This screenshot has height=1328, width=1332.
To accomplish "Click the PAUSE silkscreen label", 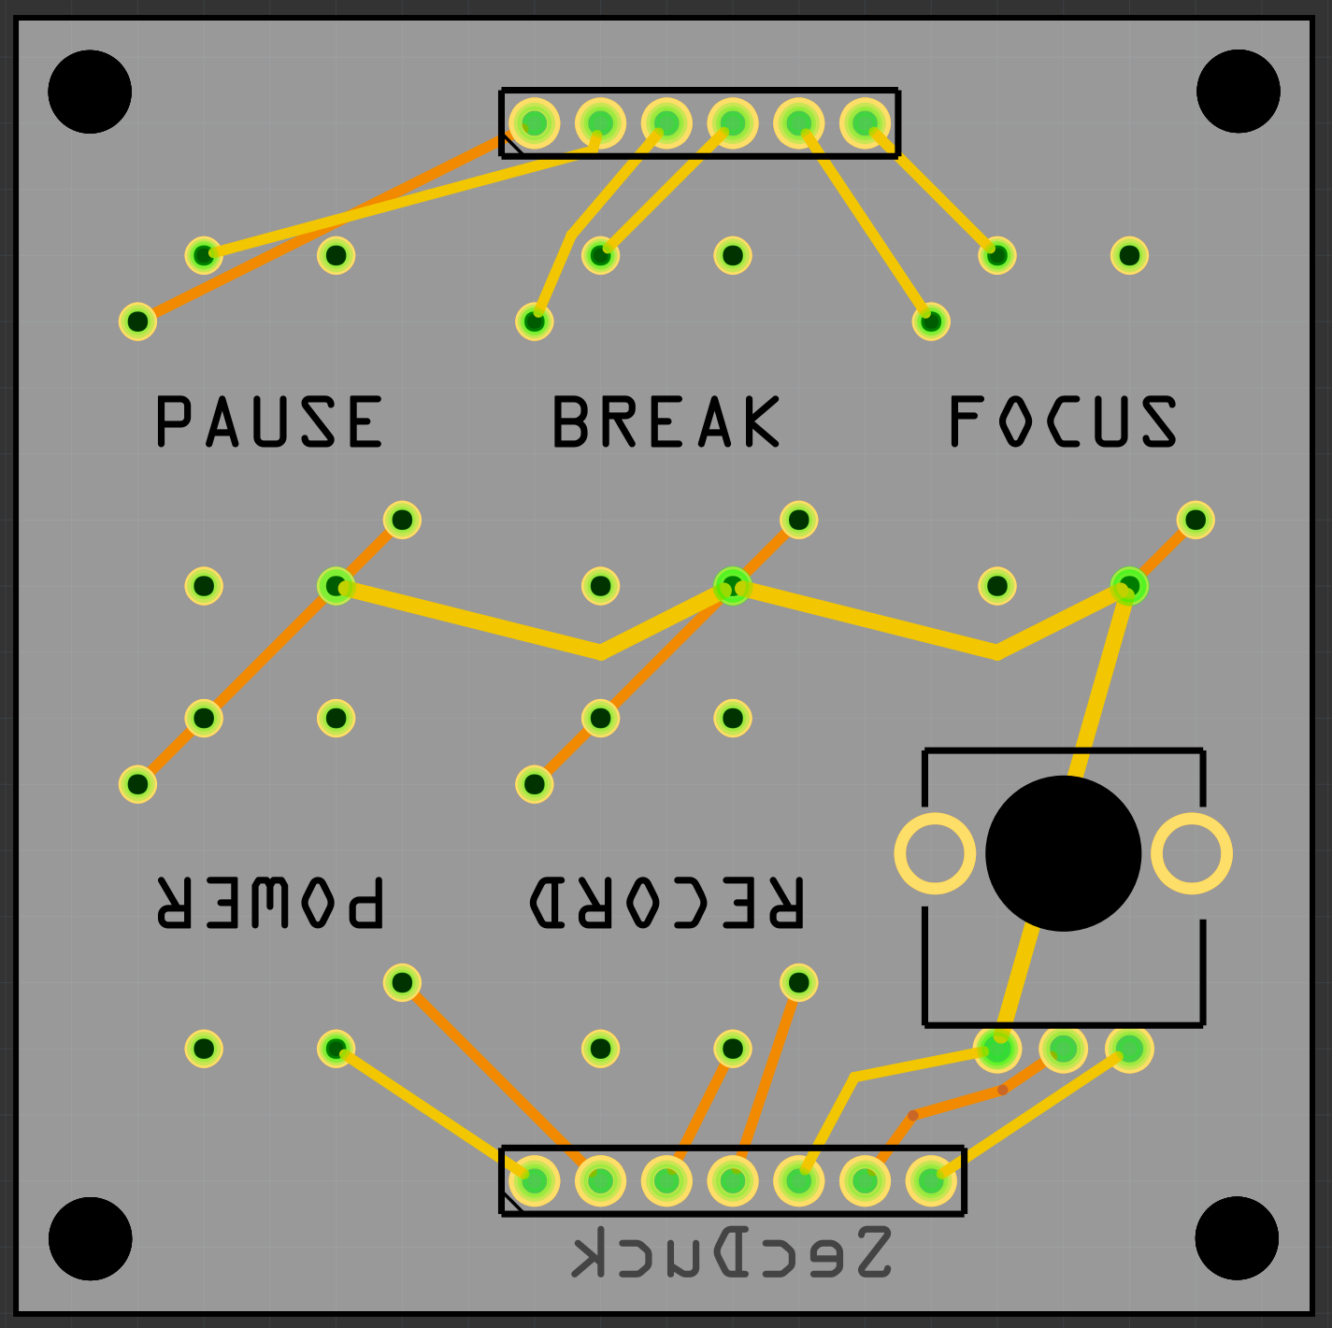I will coord(269,421).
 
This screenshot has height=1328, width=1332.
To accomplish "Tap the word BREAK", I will coord(666,421).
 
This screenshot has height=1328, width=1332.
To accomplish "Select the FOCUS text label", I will coord(1063,421).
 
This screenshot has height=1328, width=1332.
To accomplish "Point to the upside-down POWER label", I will coord(269,903).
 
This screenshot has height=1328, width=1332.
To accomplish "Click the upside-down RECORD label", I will coord(666,903).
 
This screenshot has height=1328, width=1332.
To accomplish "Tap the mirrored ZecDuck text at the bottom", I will coord(731,1252).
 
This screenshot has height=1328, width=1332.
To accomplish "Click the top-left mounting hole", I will coord(90,92).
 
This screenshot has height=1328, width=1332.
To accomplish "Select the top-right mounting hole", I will coord(1238,92).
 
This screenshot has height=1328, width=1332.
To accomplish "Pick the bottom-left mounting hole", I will coord(90,1238).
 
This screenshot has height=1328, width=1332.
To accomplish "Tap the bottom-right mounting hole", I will coord(1238,1238).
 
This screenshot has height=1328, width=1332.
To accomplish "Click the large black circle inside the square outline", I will coord(1063,853).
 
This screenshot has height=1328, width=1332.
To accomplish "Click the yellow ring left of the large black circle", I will coord(935,853).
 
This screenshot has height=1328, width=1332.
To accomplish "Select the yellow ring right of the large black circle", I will coord(1192,853).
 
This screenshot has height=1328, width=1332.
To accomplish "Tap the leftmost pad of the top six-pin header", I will coord(534,122).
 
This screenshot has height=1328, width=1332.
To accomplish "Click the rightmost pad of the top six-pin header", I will coord(865,122).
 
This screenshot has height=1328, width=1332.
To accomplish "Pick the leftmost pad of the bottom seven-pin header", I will coord(534,1181).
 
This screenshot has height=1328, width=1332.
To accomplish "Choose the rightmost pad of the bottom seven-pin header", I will coord(931,1181).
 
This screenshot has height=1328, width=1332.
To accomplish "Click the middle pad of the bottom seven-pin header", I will coord(732,1181).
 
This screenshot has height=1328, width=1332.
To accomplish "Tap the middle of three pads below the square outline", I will coord(1063,1049).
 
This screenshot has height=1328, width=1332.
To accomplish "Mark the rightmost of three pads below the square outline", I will coord(1129,1049).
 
